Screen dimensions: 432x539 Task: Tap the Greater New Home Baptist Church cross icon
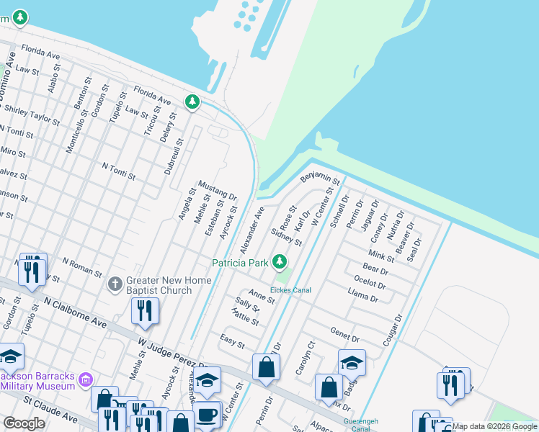pyautogui.click(x=115, y=284)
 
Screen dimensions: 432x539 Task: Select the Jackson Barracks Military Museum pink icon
pyautogui.click(x=86, y=379)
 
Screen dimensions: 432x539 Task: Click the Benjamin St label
pyautogui.click(x=319, y=177)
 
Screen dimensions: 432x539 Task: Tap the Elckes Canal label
pyautogui.click(x=290, y=290)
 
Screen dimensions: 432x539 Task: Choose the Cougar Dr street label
pyautogui.click(x=392, y=330)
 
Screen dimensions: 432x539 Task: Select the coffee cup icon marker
pyautogui.click(x=208, y=416)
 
